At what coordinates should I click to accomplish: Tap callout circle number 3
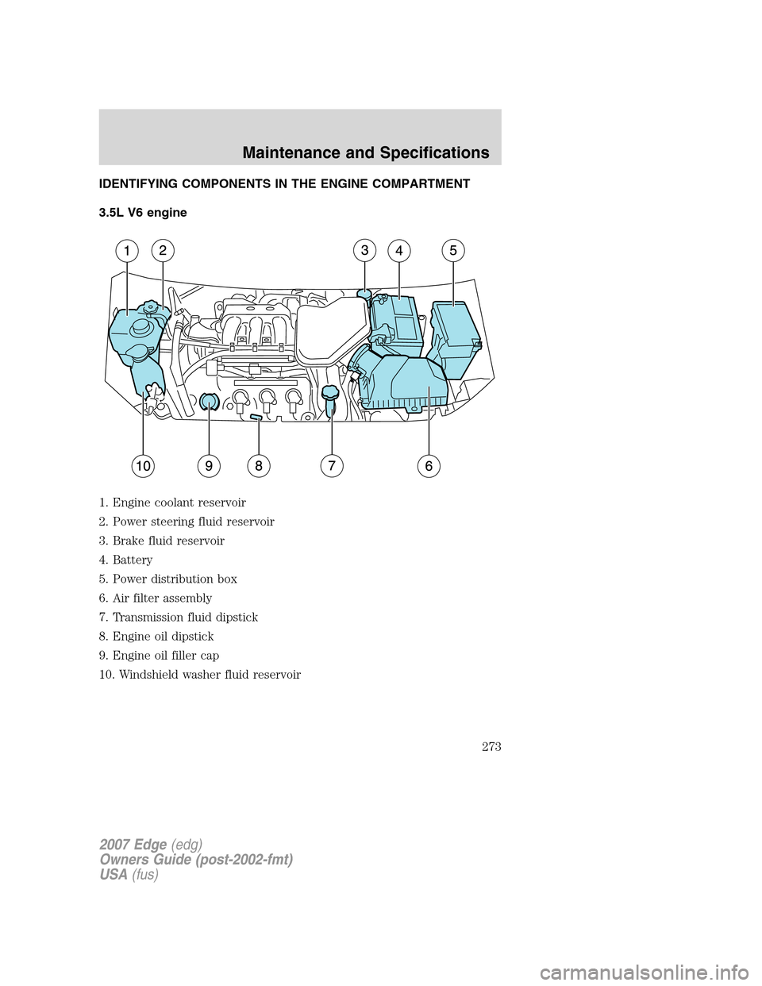pyautogui.click(x=364, y=251)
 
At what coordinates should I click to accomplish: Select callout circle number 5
pyautogui.click(x=452, y=251)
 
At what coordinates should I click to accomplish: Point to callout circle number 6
pyautogui.click(x=429, y=466)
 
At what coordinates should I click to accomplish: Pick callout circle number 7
pyautogui.click(x=332, y=466)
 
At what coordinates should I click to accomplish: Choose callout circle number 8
pyautogui.click(x=259, y=467)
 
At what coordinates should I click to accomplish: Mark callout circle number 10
pyautogui.click(x=143, y=467)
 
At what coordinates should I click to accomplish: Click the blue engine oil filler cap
pyautogui.click(x=209, y=402)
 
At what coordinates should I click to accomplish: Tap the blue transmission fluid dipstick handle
pyautogui.click(x=330, y=393)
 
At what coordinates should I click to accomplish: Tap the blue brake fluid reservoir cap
pyautogui.click(x=364, y=295)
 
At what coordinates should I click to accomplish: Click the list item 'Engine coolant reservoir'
pyautogui.click(x=179, y=503)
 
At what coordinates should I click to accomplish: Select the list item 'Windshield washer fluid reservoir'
pyautogui.click(x=206, y=675)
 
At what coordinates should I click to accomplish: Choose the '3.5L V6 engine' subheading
pyautogui.click(x=143, y=213)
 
